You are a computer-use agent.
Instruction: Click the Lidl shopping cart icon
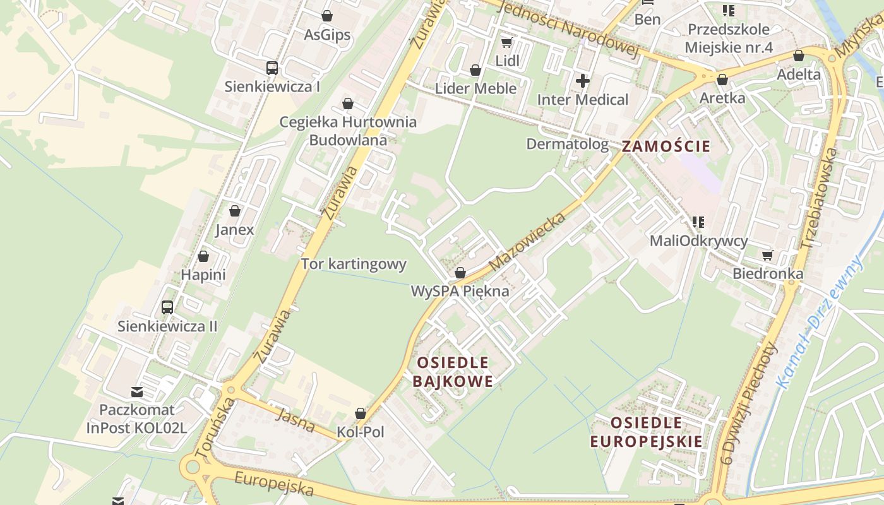[506, 43]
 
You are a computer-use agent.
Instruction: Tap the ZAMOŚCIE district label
[666, 146]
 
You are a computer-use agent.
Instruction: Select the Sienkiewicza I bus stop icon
[272, 68]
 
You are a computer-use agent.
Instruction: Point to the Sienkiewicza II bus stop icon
[167, 307]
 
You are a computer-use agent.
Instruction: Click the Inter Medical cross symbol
[583, 81]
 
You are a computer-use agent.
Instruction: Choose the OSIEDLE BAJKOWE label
[452, 372]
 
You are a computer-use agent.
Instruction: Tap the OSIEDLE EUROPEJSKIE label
[646, 432]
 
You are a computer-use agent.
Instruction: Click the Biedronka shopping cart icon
[768, 255]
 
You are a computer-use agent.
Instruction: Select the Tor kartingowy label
[354, 264]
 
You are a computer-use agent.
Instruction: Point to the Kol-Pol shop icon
[361, 413]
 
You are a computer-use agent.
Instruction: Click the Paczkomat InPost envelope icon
[137, 392]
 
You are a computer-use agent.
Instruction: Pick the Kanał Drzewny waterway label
[820, 321]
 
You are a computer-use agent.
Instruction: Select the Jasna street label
[296, 420]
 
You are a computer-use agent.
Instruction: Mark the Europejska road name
[274, 484]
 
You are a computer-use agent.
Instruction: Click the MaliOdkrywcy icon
[698, 222]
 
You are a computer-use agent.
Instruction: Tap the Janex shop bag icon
[235, 211]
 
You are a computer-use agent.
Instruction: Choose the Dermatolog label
[568, 144]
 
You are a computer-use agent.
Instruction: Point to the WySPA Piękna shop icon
[460, 273]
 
